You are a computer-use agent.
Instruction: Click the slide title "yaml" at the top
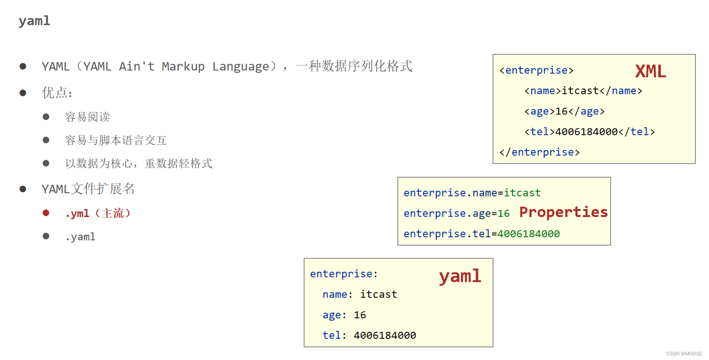click(34, 22)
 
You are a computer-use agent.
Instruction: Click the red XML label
click(650, 72)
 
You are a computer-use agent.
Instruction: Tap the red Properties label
click(563, 212)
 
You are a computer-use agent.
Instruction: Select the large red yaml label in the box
click(460, 276)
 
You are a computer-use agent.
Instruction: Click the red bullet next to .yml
click(46, 212)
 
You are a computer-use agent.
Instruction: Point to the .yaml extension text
click(80, 237)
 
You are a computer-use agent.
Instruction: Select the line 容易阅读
click(87, 117)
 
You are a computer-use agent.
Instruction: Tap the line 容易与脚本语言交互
click(116, 140)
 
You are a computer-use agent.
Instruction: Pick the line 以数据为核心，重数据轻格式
click(139, 163)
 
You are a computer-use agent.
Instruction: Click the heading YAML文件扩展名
click(88, 189)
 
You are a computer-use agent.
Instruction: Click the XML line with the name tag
click(583, 91)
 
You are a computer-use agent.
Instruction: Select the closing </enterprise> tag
click(539, 152)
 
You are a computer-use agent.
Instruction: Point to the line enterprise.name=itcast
click(472, 193)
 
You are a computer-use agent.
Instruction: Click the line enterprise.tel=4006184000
click(481, 234)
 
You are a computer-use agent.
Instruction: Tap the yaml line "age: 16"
click(344, 315)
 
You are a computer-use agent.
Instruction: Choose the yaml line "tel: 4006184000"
click(369, 336)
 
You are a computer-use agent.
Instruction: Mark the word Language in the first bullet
click(241, 67)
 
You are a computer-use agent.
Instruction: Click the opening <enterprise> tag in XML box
click(536, 70)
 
